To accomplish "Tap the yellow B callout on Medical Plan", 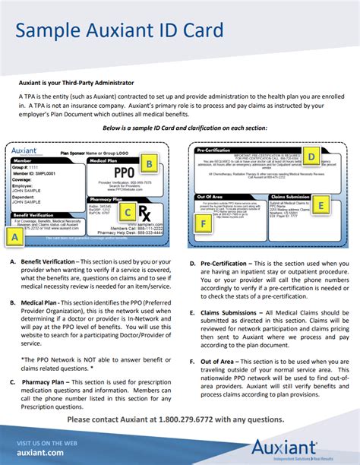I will (x=150, y=163).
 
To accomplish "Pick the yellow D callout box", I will (x=312, y=157).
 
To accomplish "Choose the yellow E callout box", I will (x=321, y=204).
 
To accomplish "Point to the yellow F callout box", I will (x=203, y=223).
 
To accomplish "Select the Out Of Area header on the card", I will (x=210, y=196).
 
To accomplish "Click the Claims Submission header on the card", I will (x=289, y=196).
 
